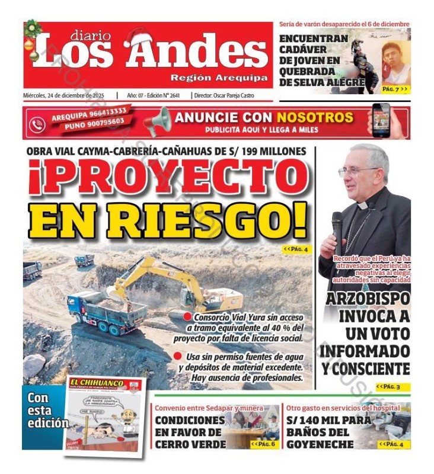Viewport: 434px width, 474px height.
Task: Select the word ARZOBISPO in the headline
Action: click(x=367, y=299)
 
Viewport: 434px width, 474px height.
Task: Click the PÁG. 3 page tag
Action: click(x=392, y=387)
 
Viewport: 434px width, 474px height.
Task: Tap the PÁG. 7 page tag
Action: click(x=394, y=89)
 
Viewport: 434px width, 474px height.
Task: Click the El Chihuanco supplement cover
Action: click(x=104, y=415)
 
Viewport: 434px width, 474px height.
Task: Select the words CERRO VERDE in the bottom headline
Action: click(x=190, y=444)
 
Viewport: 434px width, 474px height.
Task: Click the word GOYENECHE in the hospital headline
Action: click(x=320, y=444)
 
